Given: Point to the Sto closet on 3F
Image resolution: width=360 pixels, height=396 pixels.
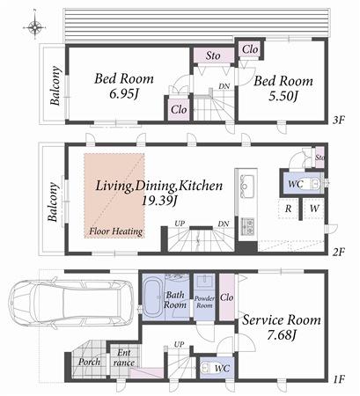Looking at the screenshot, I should pos(213,55).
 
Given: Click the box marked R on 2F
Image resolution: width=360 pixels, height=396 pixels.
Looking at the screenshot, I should pos(289,209).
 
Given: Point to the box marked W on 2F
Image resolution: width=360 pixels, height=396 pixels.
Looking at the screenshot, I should pos(314,209).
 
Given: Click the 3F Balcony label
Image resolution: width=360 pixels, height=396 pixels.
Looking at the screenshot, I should pos(55,87).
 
